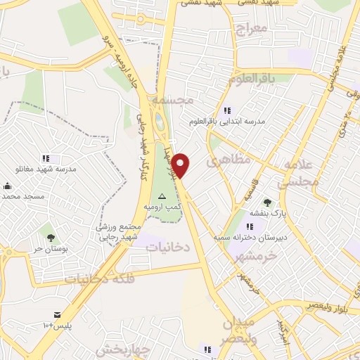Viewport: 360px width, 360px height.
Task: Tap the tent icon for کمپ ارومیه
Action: click(x=162, y=196)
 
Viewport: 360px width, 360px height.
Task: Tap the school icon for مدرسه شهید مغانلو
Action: click(x=46, y=159)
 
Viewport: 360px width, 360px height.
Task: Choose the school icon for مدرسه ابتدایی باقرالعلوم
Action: click(x=227, y=110)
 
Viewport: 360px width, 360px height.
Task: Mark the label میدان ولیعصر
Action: click(x=238, y=333)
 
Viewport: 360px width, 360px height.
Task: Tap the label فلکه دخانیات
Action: click(x=98, y=278)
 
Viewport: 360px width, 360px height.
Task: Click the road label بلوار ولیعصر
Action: click(x=330, y=305)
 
